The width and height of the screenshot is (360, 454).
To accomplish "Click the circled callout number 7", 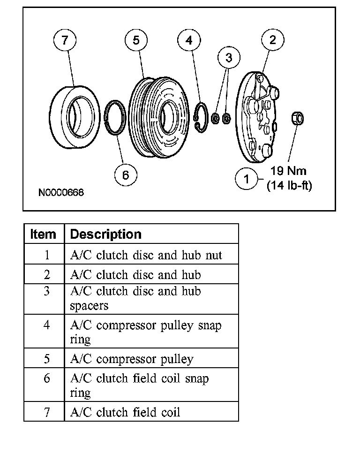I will (65, 40).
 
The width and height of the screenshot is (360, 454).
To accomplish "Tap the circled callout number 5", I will (136, 40).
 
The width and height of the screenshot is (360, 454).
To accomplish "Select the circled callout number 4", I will (189, 40).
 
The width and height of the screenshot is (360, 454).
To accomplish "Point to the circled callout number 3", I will (229, 58).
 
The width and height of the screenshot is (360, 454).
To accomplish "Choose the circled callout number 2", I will (272, 40).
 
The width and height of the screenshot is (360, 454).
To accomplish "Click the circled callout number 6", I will (126, 175).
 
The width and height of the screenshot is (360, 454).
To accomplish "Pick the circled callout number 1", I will (246, 179).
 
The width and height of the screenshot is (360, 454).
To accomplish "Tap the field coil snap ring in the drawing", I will (115, 117).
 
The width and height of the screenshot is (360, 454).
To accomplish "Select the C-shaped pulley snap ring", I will (201, 117).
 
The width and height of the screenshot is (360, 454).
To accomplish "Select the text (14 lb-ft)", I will (289, 186).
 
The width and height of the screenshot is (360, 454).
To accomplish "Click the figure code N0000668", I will (61, 193).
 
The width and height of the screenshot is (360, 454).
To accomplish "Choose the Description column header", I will (105, 234).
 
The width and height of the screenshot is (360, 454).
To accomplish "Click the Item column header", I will (43, 234).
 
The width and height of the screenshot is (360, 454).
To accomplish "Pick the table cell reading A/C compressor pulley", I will (132, 359).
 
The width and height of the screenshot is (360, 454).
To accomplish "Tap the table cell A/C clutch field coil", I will (125, 412).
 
